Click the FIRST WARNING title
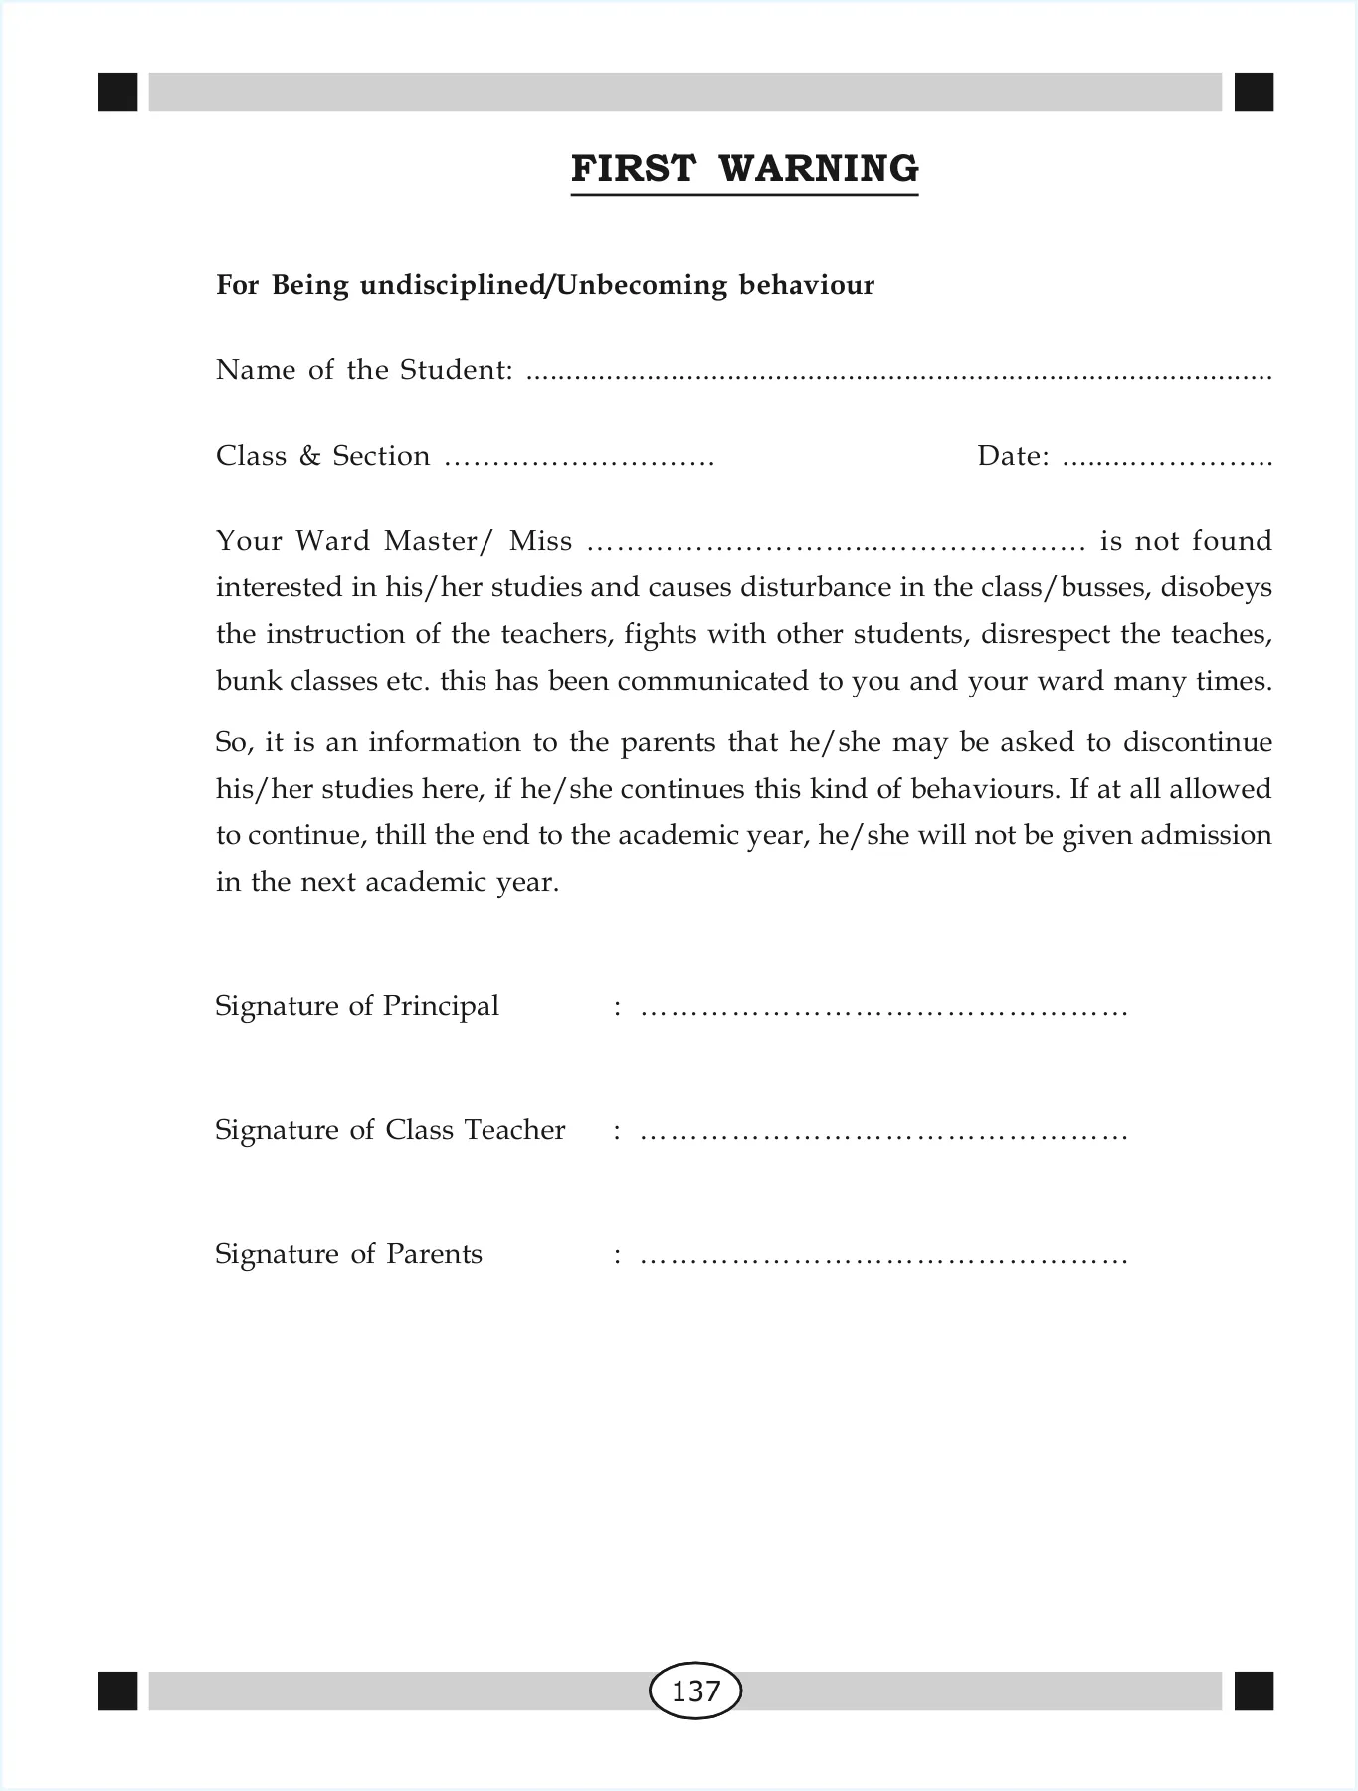(x=744, y=169)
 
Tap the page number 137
(x=695, y=1691)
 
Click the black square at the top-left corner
(x=118, y=93)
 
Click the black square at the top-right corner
(x=1254, y=93)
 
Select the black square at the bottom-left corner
(x=118, y=1691)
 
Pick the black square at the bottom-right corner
(x=1254, y=1691)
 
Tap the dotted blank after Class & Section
(x=579, y=461)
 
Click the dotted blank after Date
(x=1167, y=461)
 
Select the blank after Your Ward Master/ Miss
(x=836, y=546)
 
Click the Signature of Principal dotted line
(x=883, y=1012)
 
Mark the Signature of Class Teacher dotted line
(x=883, y=1136)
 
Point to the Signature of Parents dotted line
(x=883, y=1260)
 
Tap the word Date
(x=1011, y=456)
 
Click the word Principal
(x=441, y=1006)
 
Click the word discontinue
(x=1198, y=742)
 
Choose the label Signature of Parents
(x=348, y=1254)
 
